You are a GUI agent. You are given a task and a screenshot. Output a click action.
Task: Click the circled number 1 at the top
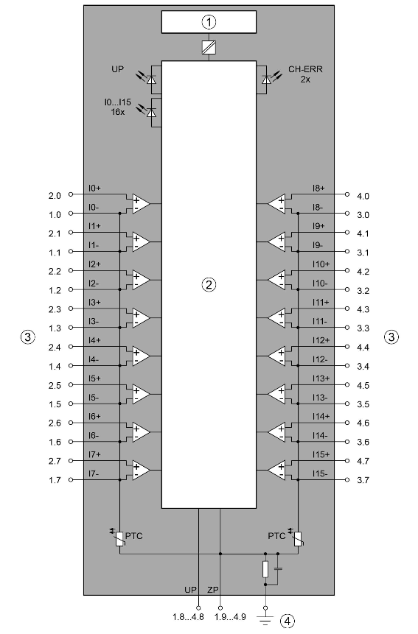tap(209, 22)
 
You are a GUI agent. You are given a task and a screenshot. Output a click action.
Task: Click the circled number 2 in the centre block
tap(209, 285)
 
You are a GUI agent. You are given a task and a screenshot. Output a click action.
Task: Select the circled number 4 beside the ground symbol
tap(288, 621)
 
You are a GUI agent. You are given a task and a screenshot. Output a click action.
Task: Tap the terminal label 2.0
tap(55, 196)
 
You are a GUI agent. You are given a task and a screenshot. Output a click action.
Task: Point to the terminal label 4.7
tap(363, 461)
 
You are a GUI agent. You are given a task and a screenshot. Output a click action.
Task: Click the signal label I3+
tap(94, 303)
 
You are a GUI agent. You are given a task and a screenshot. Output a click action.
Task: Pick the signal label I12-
tap(320, 359)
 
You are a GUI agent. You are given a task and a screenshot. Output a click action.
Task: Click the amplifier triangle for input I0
tap(140, 204)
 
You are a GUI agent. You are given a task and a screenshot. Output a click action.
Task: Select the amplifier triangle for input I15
tap(276, 471)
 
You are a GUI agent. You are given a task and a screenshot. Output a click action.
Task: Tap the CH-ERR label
tap(305, 69)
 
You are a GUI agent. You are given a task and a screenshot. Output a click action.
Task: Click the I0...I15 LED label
tap(117, 102)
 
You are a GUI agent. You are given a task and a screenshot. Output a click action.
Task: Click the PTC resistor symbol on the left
tap(119, 538)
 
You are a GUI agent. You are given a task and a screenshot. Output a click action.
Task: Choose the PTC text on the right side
tap(276, 536)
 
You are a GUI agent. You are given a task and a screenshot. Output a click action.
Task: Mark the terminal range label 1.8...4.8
tap(188, 617)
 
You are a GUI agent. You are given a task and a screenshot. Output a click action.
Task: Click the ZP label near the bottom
tap(213, 590)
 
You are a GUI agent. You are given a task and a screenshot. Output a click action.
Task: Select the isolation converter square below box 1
tap(209, 48)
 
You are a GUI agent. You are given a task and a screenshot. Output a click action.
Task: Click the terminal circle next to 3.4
tap(346, 365)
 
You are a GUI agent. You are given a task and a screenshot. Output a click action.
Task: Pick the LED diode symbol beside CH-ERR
tap(266, 80)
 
